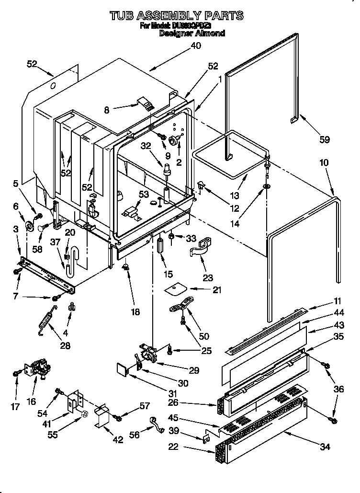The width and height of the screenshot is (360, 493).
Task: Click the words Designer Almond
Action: click(x=191, y=34)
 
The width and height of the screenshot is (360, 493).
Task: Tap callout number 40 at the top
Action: click(x=196, y=46)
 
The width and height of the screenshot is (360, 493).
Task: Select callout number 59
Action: click(x=325, y=140)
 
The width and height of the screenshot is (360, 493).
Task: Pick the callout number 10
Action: click(x=324, y=163)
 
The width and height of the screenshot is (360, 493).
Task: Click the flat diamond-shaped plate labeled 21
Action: click(x=176, y=289)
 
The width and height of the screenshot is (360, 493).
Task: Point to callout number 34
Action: click(x=325, y=447)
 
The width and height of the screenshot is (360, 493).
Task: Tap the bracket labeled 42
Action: click(x=103, y=415)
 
